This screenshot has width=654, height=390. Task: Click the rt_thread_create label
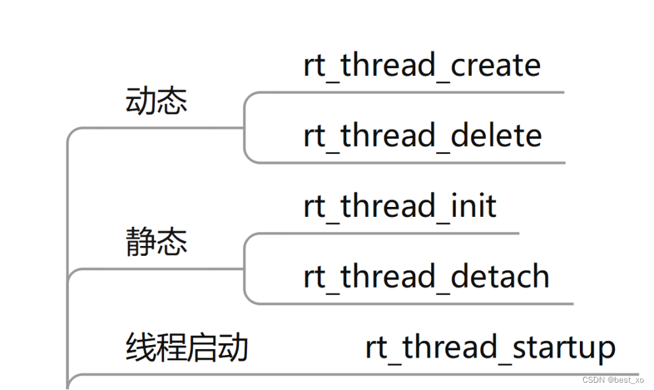(x=422, y=66)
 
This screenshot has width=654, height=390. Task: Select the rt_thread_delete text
(x=422, y=136)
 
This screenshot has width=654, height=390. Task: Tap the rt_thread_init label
(x=400, y=206)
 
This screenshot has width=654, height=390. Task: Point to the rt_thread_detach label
(x=426, y=277)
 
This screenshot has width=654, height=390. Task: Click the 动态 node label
(x=156, y=102)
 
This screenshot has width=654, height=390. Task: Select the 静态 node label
(x=156, y=243)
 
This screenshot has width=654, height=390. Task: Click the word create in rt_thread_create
(x=496, y=66)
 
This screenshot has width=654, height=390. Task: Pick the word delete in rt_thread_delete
(x=496, y=136)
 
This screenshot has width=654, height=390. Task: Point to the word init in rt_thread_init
(x=473, y=206)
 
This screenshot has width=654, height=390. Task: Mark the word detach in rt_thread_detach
(x=500, y=277)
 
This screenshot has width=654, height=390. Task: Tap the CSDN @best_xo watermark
(x=613, y=380)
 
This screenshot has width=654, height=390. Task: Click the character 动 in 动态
(x=140, y=102)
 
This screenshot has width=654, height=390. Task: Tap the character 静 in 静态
(x=140, y=243)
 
